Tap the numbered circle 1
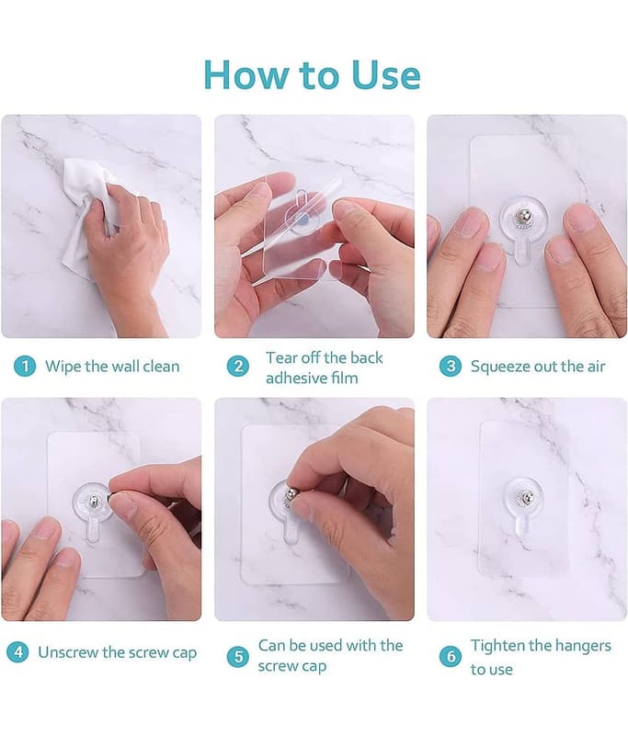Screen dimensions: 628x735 (25, 366)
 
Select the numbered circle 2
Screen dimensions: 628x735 (238, 366)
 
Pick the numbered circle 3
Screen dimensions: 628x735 (451, 366)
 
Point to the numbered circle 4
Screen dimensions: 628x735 (17, 652)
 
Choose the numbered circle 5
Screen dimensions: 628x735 (238, 657)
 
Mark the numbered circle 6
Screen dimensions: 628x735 (451, 656)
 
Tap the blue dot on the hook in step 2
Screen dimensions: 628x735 (303, 219)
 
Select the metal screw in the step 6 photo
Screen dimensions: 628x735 (528, 497)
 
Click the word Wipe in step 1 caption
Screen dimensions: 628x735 (63, 366)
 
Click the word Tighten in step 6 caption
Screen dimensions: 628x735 (497, 646)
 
